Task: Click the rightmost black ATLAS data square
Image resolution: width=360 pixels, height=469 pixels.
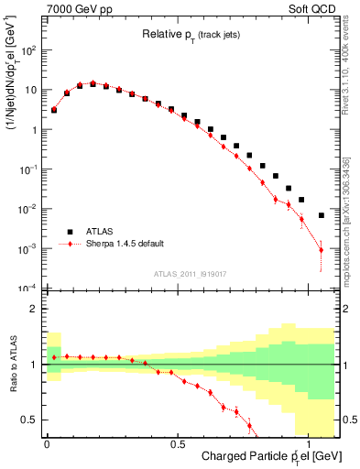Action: [321, 215]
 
